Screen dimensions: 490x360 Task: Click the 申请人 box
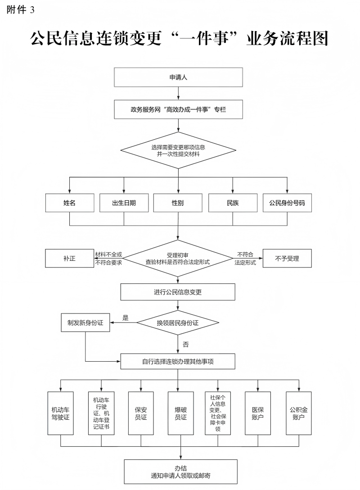tap(179, 77)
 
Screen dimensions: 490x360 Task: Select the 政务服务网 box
tap(179, 109)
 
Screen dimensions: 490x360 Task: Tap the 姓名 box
tap(69, 203)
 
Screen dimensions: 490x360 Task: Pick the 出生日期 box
tap(124, 203)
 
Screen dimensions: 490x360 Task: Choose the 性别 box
tap(178, 203)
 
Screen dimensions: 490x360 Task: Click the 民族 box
tap(233, 203)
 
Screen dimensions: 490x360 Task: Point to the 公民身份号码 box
tap(287, 203)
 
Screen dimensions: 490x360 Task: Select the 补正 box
tap(69, 259)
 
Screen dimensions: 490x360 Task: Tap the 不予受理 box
tap(287, 259)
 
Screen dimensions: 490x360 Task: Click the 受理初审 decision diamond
tap(178, 259)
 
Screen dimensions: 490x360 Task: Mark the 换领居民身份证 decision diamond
tap(178, 322)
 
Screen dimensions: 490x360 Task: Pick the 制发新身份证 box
tap(85, 322)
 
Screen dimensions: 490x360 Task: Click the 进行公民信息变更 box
tap(178, 292)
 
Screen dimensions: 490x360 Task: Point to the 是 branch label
tap(125, 318)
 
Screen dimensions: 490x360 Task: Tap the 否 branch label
tap(185, 345)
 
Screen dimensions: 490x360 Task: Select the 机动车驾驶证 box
tap(60, 413)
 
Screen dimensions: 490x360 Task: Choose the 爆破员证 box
tap(181, 413)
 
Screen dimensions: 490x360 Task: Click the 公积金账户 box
tap(299, 413)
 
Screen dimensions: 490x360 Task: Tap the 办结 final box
tap(180, 471)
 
